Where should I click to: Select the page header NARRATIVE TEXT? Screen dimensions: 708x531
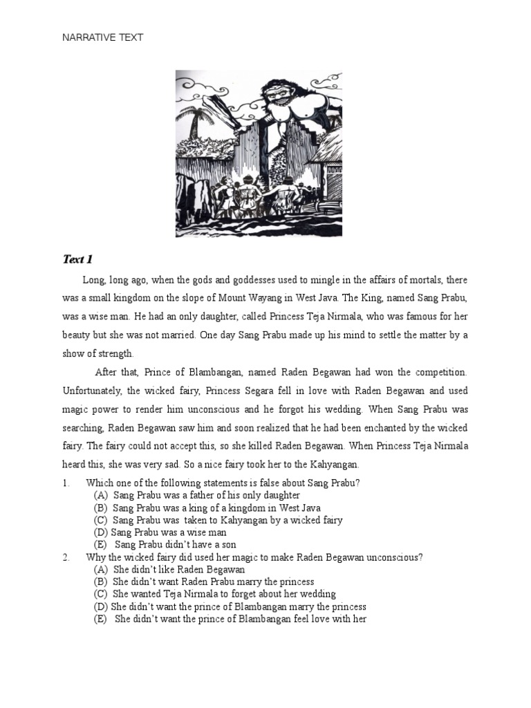point(103,38)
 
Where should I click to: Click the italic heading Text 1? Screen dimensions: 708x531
point(77,260)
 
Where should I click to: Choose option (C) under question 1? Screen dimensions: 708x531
point(100,520)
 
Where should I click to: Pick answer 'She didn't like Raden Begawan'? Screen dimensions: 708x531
point(178,570)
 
